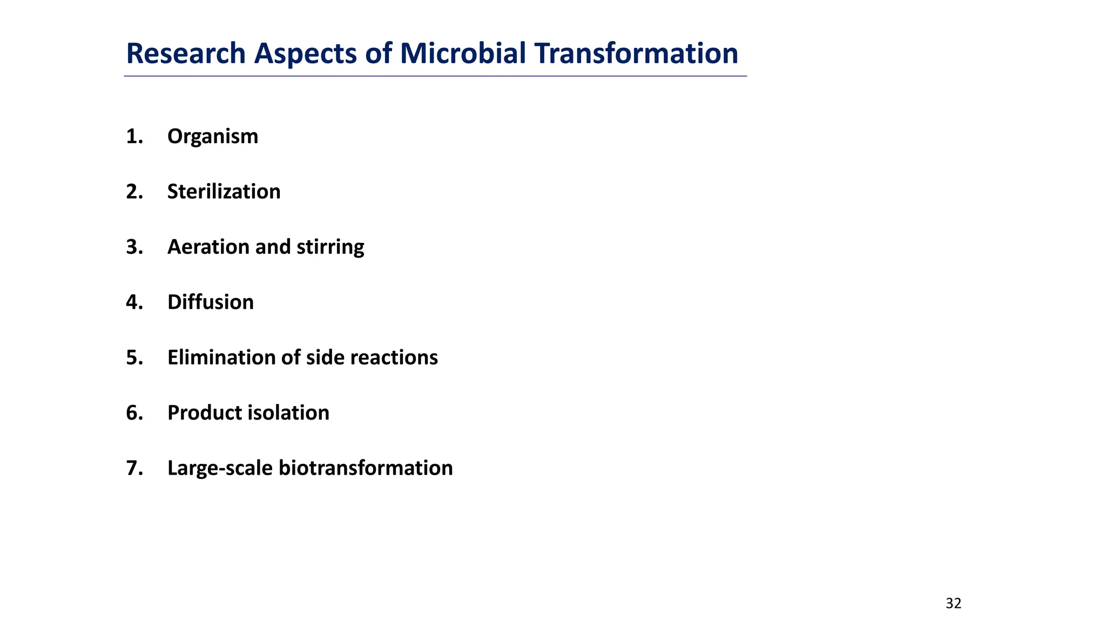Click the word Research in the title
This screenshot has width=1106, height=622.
click(x=186, y=54)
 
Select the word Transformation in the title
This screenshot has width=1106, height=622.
click(x=636, y=54)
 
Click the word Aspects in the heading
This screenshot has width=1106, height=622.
click(x=305, y=54)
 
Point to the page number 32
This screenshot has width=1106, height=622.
click(x=953, y=604)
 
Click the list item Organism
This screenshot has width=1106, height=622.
click(x=213, y=137)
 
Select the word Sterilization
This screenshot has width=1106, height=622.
click(x=224, y=192)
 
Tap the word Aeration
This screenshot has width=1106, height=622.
click(x=208, y=247)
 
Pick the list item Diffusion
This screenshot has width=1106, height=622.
click(x=211, y=302)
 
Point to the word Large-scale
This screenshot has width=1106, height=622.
click(x=220, y=468)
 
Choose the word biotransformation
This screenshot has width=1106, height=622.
click(x=366, y=468)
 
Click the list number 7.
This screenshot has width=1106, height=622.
click(x=133, y=468)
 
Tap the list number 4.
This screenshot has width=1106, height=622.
click(x=133, y=302)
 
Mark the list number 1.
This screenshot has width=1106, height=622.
click(x=133, y=137)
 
